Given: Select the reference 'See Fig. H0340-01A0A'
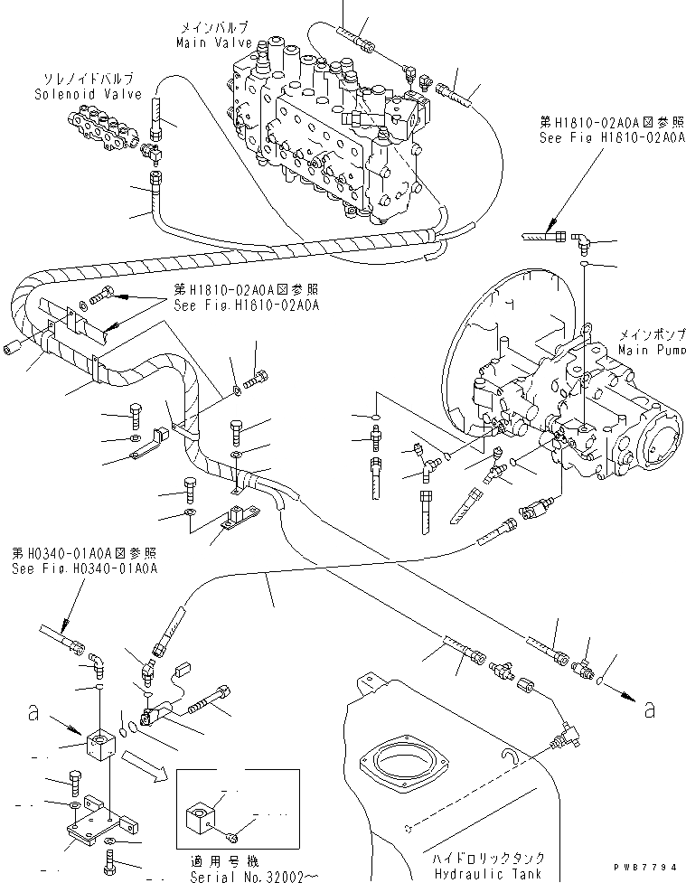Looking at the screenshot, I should (85, 568).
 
